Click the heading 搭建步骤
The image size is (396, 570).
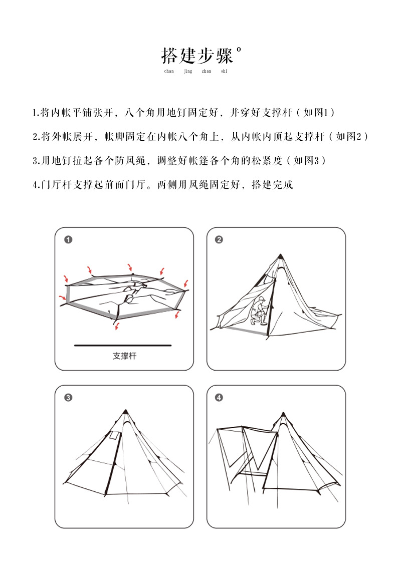[x=197, y=56]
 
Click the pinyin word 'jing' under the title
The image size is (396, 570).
[x=188, y=71]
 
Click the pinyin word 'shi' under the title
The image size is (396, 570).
[x=224, y=71]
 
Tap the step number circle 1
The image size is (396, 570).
[x=68, y=240]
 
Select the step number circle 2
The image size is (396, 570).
[x=219, y=240]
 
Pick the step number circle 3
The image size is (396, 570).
[x=68, y=398]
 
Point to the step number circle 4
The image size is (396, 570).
[x=219, y=398]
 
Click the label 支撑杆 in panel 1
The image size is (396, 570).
[x=124, y=356]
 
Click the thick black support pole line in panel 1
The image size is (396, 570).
[x=123, y=345]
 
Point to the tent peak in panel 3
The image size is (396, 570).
[x=125, y=412]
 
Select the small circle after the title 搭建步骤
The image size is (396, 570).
[x=239, y=49]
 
